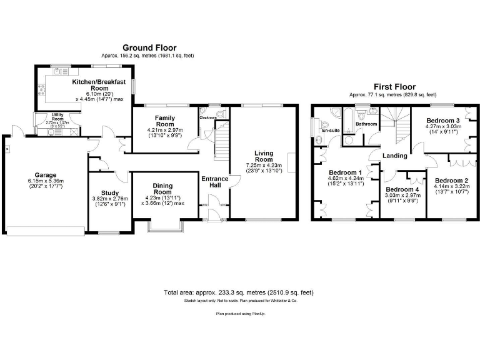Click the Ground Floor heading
tap(149, 47)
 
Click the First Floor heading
tap(394, 87)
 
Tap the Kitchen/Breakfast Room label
tap(99, 85)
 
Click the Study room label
tap(109, 193)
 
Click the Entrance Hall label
tap(214, 182)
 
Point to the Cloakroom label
tap(207, 117)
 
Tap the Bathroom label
tap(366, 124)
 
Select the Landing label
tap(396, 156)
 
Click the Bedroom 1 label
tap(344, 172)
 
